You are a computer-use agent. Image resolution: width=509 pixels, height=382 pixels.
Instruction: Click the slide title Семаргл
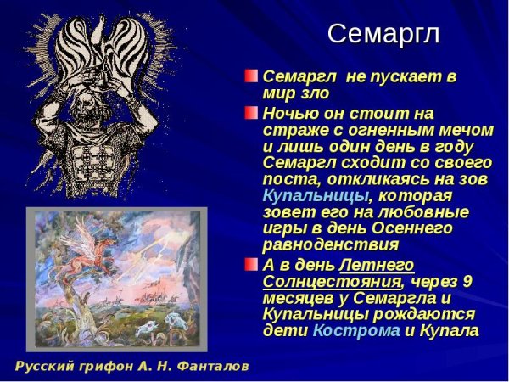tap(383, 33)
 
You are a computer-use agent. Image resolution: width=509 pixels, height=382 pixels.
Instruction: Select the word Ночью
tap(289, 112)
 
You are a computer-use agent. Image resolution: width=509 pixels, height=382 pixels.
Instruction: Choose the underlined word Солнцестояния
tap(331, 282)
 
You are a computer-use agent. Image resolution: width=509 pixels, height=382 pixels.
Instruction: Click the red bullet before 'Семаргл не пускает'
tap(252, 76)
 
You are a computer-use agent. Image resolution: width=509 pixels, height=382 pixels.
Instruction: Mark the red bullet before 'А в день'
tap(252, 265)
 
